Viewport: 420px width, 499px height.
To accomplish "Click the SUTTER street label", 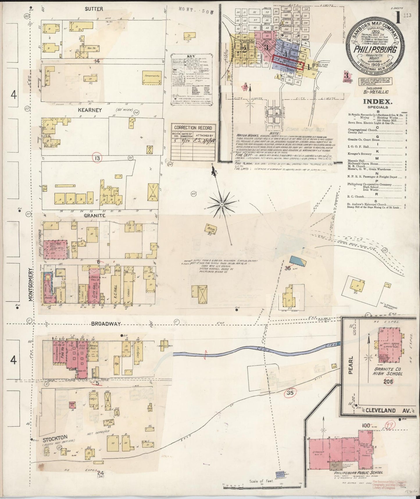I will [94, 9].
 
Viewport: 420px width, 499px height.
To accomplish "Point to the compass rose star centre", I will [222, 204].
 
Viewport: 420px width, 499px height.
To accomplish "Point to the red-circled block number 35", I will [289, 393].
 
